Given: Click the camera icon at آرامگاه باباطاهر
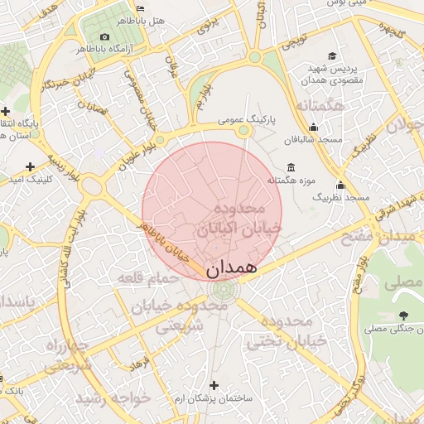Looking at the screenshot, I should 104,36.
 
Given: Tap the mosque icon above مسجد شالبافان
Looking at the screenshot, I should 313,128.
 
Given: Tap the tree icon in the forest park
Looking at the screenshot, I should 403,315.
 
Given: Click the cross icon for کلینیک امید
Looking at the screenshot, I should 31,166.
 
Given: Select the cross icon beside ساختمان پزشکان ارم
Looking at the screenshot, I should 214,385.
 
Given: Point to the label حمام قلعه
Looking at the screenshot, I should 148,277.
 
